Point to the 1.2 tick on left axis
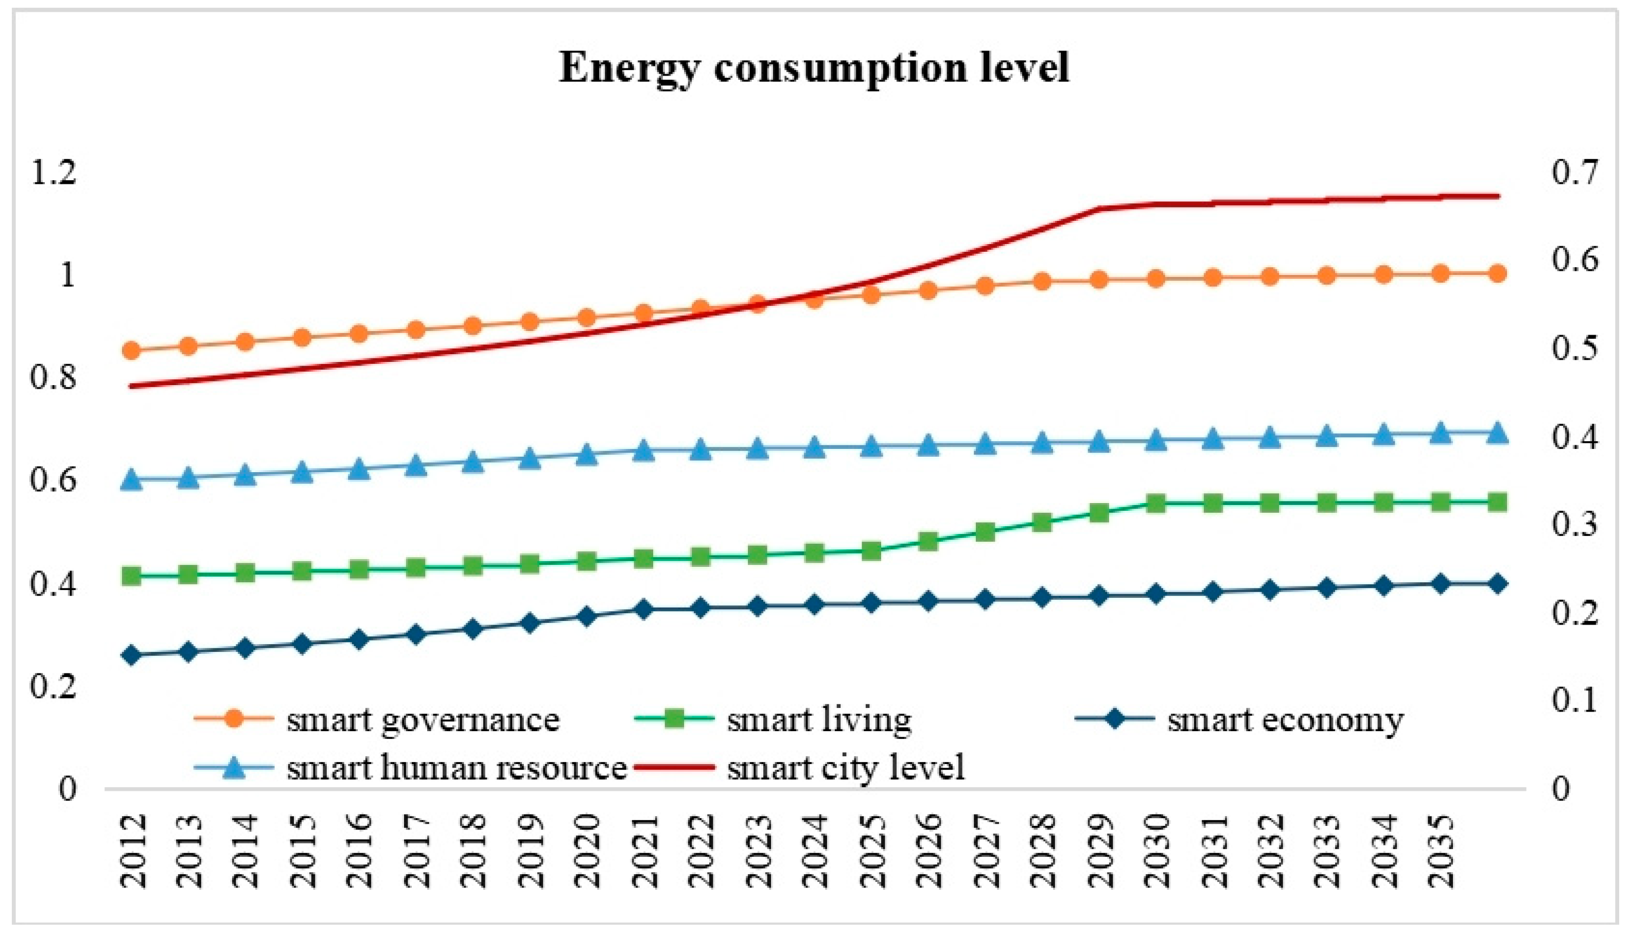[x=53, y=174]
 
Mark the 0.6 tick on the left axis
[x=53, y=481]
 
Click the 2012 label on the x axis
[x=133, y=852]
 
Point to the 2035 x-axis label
[x=1441, y=852]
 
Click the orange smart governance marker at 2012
[x=132, y=351]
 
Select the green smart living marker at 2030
[x=1156, y=504]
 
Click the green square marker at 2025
[x=871, y=551]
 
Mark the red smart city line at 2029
[x=1099, y=209]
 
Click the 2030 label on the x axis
[x=1156, y=852]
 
